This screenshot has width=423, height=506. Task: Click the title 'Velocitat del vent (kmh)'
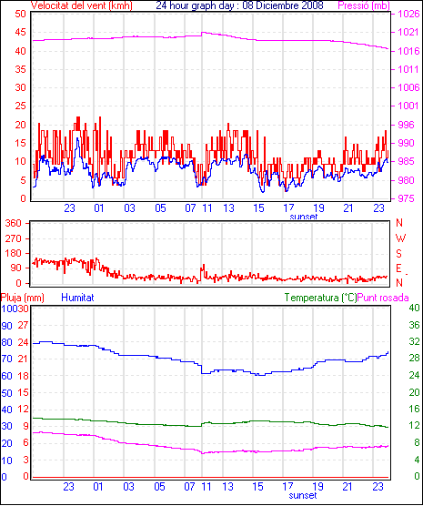(81, 5)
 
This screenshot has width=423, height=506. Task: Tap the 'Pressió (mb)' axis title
(364, 5)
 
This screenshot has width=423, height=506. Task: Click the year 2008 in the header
(312, 5)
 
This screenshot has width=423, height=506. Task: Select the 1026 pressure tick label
(408, 14)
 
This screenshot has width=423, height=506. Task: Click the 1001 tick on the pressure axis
(408, 106)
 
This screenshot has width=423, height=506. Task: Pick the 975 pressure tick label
(406, 198)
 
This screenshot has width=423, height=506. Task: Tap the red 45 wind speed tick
(20, 32)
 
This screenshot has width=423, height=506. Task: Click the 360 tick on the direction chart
(14, 223)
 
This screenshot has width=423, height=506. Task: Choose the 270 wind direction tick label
(14, 238)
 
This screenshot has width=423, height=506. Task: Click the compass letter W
(400, 238)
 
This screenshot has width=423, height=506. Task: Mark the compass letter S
(399, 254)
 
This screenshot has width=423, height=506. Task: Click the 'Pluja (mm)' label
(22, 298)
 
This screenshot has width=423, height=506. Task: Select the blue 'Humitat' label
(77, 298)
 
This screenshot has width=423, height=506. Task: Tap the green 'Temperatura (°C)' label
(320, 298)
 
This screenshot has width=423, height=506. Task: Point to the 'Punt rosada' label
(383, 298)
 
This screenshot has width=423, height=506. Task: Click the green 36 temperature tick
(414, 325)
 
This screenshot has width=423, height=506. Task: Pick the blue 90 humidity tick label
(6, 326)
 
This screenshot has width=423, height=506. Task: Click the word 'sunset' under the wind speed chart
(303, 217)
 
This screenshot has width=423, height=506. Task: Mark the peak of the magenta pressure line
(203, 32)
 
